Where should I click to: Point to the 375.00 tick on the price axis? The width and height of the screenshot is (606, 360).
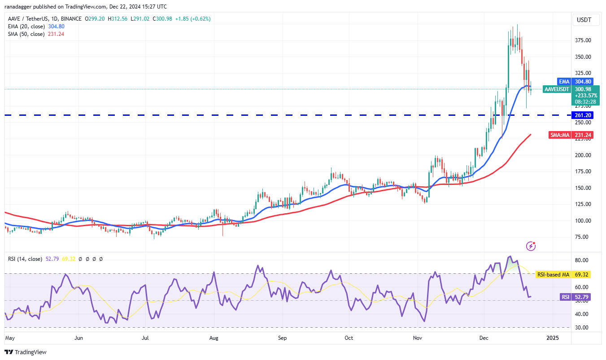[583, 40]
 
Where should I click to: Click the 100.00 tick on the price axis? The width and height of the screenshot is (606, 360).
[583, 221]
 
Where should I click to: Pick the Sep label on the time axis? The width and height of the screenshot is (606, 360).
[282, 337]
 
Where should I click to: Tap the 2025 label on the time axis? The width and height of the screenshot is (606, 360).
[553, 337]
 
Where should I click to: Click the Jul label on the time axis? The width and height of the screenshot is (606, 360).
[145, 337]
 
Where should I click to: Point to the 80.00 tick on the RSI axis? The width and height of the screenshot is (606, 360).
[581, 260]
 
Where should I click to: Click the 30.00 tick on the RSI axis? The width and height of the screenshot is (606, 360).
[581, 328]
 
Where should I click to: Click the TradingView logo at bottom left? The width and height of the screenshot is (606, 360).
[26, 352]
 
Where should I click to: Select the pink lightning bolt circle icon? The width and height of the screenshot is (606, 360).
[531, 246]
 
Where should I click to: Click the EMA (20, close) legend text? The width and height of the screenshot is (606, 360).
[26, 26]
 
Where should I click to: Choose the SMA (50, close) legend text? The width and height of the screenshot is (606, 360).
[26, 34]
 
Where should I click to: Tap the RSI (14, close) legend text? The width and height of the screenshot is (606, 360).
[25, 259]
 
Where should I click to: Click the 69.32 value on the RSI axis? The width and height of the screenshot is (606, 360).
[584, 274]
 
